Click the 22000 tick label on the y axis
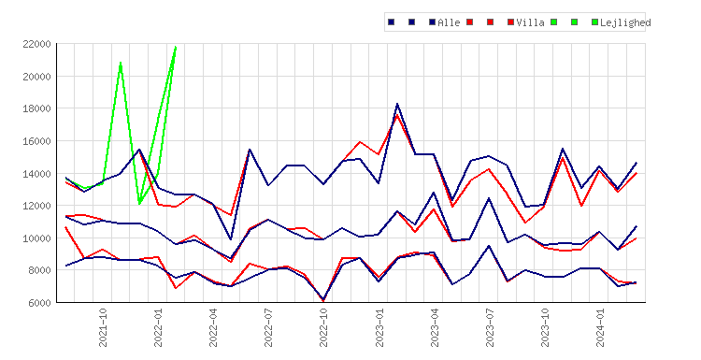(36, 44)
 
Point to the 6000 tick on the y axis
(39, 303)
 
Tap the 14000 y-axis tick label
(36, 174)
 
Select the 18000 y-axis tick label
(36, 108)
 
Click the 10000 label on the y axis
(36, 238)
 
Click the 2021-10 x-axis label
(103, 327)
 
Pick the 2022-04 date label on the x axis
(213, 327)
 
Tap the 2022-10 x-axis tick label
(323, 327)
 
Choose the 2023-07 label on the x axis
(489, 327)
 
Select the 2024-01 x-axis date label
(599, 327)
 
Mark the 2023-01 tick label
(379, 327)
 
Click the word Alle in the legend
(449, 22)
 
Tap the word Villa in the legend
(530, 22)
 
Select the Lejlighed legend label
(625, 22)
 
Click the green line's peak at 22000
(176, 47)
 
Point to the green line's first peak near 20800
(121, 63)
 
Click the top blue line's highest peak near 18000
(397, 104)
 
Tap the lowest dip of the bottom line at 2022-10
(323, 300)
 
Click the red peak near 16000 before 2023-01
(360, 142)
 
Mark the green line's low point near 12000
(139, 204)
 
